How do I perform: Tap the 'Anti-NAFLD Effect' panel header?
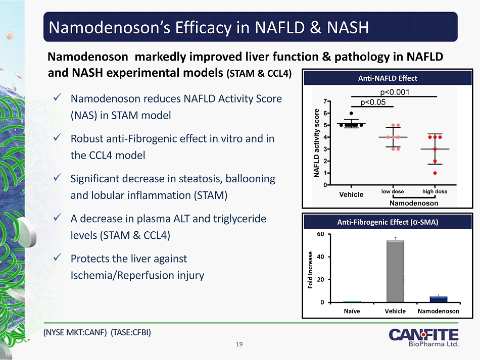point(388,78)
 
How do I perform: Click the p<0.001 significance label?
point(395,92)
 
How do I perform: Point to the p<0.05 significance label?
point(373,102)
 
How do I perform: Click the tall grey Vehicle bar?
point(395,271)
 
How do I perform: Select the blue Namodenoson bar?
point(439,299)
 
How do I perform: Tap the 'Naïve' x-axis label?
point(352,311)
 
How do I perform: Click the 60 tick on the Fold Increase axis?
point(320,234)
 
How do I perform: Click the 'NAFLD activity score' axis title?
point(317,142)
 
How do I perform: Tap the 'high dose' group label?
point(435,192)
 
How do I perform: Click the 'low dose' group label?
point(392,192)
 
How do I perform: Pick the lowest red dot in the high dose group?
point(435,173)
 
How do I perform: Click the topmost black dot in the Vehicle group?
point(351,113)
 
